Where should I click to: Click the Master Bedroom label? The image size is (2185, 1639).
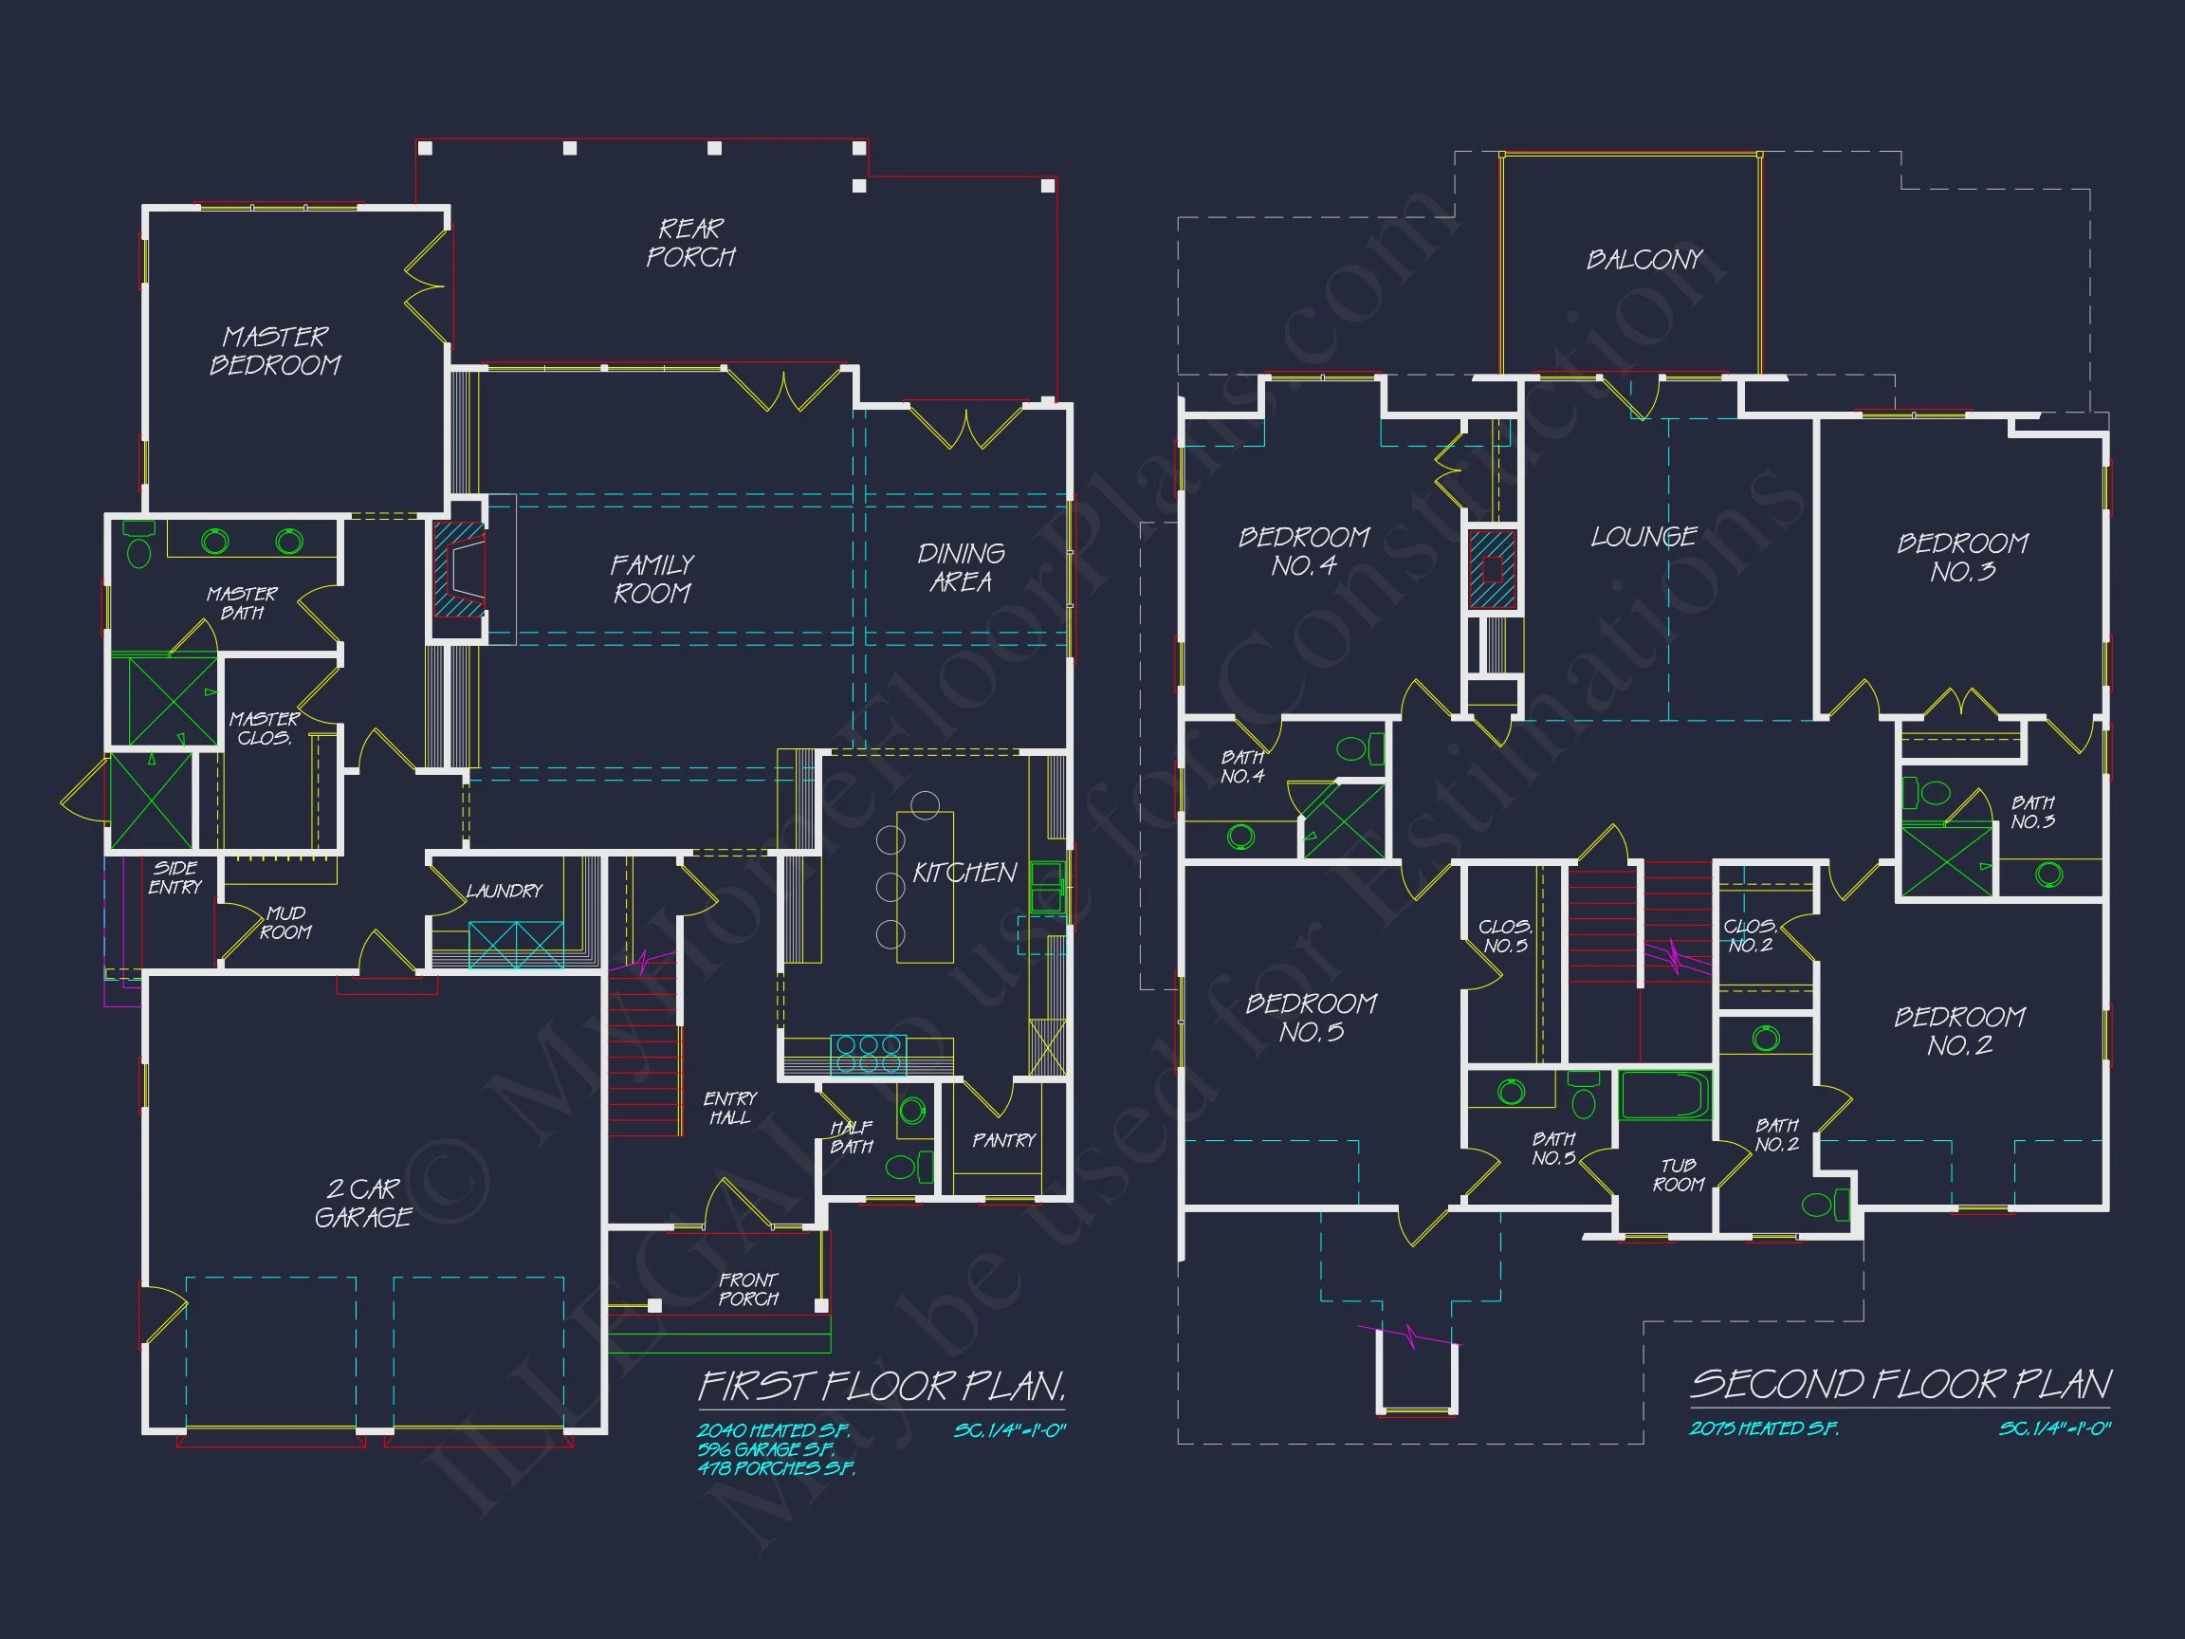[x=275, y=351]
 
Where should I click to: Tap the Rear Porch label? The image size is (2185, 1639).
[x=690, y=243]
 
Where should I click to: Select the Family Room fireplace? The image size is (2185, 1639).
[x=460, y=570]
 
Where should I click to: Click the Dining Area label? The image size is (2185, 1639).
[x=960, y=568]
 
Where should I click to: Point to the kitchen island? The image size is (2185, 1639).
[x=925, y=886]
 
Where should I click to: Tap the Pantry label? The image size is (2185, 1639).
[x=1003, y=1140]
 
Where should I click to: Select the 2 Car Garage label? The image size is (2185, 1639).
[x=362, y=1203]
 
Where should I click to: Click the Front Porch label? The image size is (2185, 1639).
[x=747, y=1289]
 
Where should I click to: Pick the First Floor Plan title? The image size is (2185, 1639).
[x=881, y=1386]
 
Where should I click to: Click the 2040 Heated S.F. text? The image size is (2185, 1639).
[x=773, y=1429]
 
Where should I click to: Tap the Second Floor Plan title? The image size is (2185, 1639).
[x=1900, y=1384]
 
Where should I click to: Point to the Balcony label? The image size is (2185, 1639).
[x=1643, y=260]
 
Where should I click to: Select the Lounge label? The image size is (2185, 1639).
[x=1643, y=537]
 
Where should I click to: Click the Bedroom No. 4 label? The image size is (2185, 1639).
[x=1304, y=551]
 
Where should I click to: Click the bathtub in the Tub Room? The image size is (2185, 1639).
[x=1665, y=1096]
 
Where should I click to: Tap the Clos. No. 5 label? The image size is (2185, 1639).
[x=1505, y=935]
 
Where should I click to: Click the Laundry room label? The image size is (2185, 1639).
[x=504, y=892]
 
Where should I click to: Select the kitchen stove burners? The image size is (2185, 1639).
[x=868, y=1053]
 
